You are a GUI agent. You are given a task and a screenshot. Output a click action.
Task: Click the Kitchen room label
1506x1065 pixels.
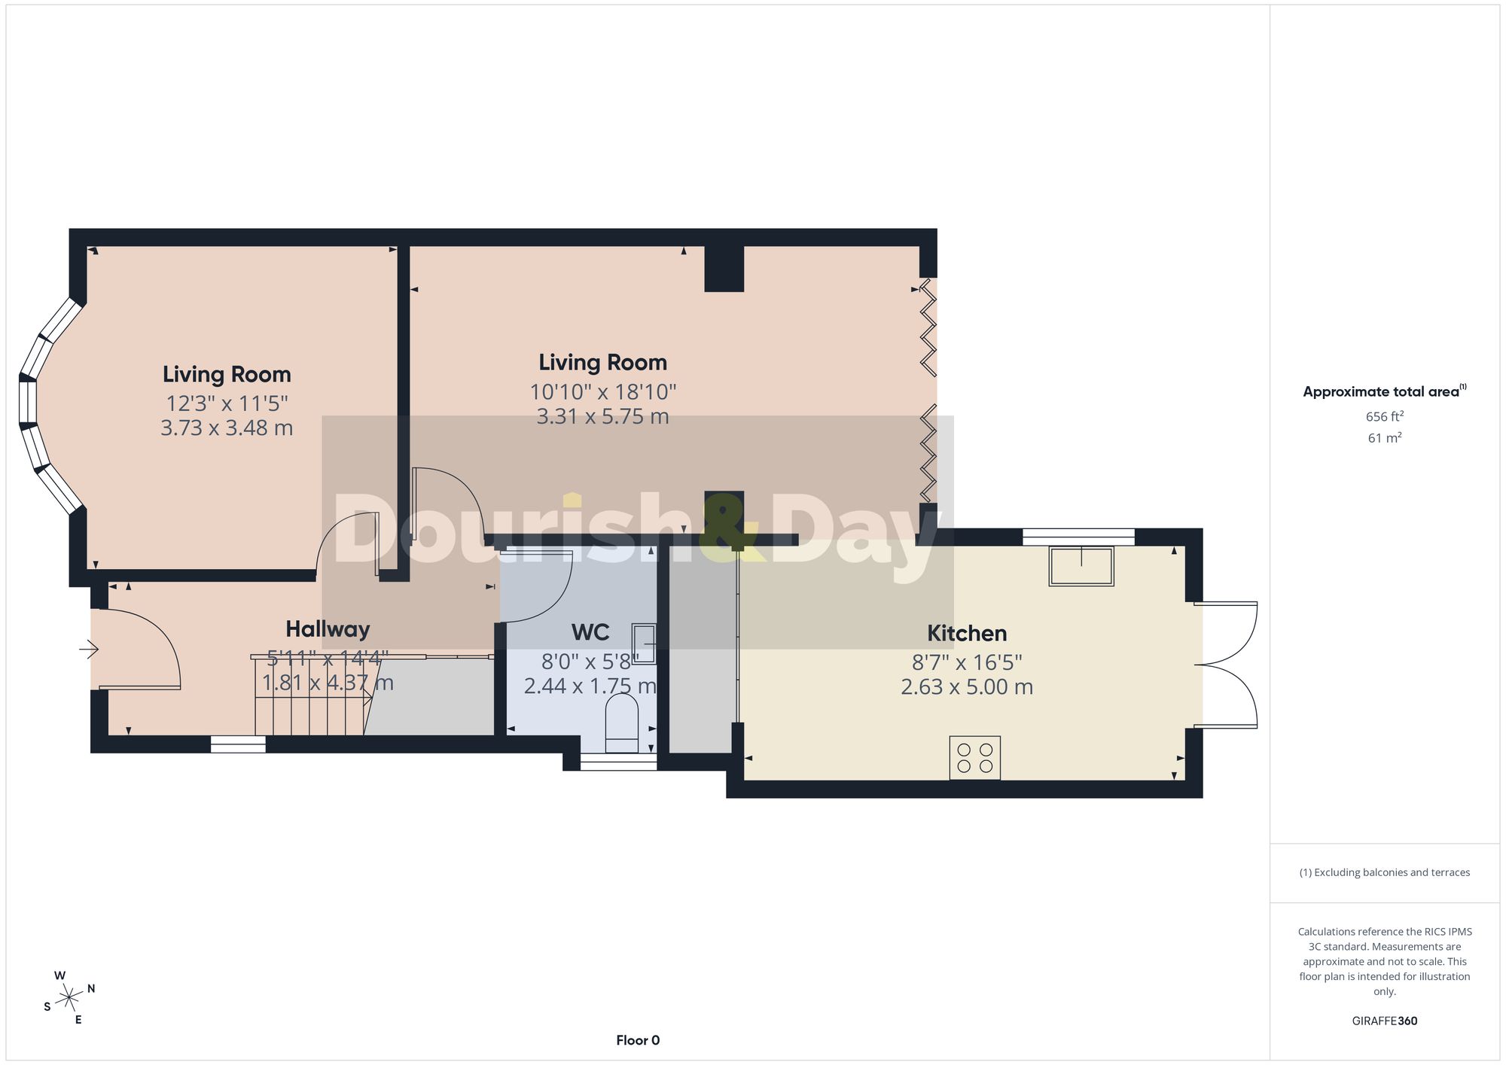pyautogui.click(x=967, y=634)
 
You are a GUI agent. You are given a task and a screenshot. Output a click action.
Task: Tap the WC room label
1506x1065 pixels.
pyautogui.click(x=590, y=632)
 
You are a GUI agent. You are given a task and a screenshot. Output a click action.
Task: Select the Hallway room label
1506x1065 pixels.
pyautogui.click(x=328, y=629)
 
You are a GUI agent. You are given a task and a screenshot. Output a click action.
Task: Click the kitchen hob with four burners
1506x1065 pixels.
pyautogui.click(x=974, y=758)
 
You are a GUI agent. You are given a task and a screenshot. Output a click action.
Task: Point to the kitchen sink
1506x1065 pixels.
pyautogui.click(x=1081, y=566)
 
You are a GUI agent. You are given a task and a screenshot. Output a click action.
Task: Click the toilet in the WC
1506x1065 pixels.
pyautogui.click(x=622, y=723)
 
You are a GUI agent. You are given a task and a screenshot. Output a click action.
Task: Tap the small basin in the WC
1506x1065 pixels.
pyautogui.click(x=644, y=644)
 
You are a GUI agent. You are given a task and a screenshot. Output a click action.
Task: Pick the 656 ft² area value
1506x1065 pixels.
pyautogui.click(x=1385, y=416)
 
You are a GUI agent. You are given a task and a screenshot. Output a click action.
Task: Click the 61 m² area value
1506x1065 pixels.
pyautogui.click(x=1385, y=437)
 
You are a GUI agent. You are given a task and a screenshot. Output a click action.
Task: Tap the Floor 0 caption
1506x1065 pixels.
pyautogui.click(x=638, y=1040)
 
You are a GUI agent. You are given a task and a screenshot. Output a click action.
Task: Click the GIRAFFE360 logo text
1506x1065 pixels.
pyautogui.click(x=1385, y=1021)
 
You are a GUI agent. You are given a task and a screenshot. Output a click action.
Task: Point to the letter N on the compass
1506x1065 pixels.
pyautogui.click(x=91, y=989)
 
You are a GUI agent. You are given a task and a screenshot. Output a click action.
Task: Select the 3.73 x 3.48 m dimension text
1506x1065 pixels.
pyautogui.click(x=227, y=428)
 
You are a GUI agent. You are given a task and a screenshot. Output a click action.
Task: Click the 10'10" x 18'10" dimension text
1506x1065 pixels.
pyautogui.click(x=603, y=392)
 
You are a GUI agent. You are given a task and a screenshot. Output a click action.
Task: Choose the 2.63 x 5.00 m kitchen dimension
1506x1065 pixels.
pyautogui.click(x=967, y=687)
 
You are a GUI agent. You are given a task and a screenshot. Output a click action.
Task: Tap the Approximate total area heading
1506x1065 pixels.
pyautogui.click(x=1385, y=391)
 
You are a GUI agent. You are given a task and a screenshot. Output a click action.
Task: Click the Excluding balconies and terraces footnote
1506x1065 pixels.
pyautogui.click(x=1385, y=872)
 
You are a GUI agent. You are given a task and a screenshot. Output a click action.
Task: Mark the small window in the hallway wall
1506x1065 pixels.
pyautogui.click(x=238, y=744)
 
